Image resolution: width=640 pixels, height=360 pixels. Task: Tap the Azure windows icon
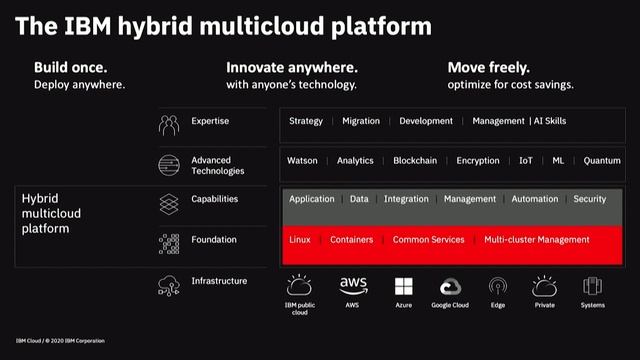pyautogui.click(x=404, y=286)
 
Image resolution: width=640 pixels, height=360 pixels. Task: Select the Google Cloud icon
pyautogui.click(x=450, y=286)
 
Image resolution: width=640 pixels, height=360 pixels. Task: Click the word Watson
pyautogui.click(x=302, y=160)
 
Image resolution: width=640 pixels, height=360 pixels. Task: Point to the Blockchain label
pyautogui.click(x=414, y=160)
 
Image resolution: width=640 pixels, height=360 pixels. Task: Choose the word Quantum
pyautogui.click(x=602, y=160)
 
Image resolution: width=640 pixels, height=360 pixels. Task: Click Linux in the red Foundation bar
pyautogui.click(x=300, y=240)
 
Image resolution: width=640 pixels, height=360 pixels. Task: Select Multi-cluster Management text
pyautogui.click(x=537, y=240)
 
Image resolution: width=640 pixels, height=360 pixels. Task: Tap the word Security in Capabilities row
pyautogui.click(x=589, y=199)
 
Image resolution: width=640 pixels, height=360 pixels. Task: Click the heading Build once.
pyautogui.click(x=71, y=67)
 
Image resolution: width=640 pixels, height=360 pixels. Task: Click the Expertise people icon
pyautogui.click(x=168, y=125)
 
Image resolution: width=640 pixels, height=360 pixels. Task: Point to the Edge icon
pyautogui.click(x=498, y=286)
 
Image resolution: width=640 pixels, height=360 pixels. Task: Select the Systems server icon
pyautogui.click(x=592, y=286)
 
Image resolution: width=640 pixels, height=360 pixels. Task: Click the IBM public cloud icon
pyautogui.click(x=300, y=286)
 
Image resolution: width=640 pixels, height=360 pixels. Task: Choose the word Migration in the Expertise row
pyautogui.click(x=361, y=121)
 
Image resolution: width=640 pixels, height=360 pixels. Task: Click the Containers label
pyautogui.click(x=351, y=240)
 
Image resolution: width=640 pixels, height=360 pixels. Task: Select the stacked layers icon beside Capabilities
pyautogui.click(x=168, y=203)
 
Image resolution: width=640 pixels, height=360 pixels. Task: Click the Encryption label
pyautogui.click(x=478, y=160)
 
